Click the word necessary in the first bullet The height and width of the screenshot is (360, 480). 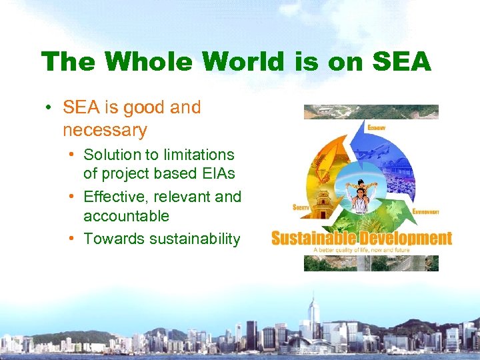(105, 129)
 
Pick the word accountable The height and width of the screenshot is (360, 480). (126, 216)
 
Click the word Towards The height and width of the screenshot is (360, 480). (111, 239)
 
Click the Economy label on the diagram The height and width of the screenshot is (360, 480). (377, 127)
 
